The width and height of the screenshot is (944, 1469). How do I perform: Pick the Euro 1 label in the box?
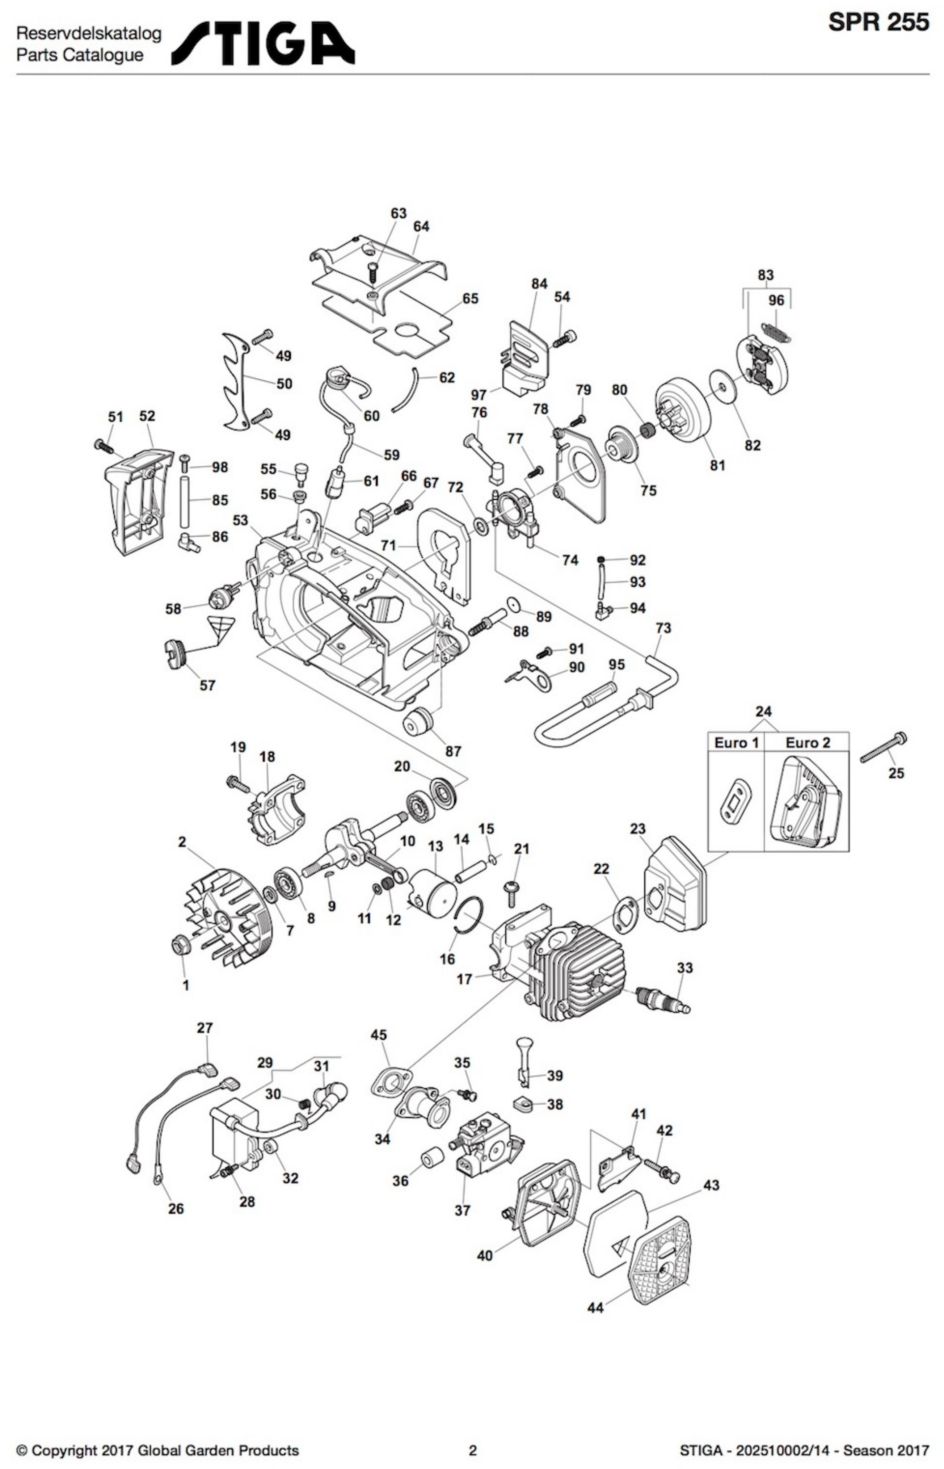coord(736,743)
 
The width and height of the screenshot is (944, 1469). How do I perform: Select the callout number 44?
coord(595,1308)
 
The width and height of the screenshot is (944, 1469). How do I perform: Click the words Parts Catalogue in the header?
coord(80,55)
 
